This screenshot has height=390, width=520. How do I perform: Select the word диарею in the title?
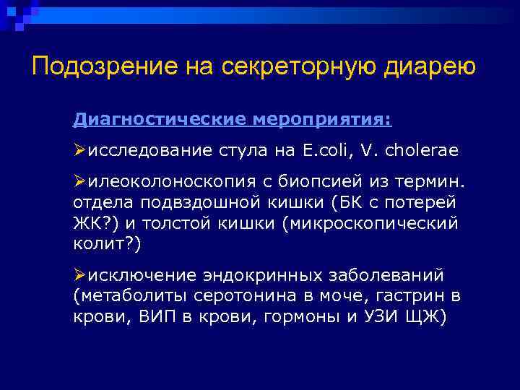(x=428, y=66)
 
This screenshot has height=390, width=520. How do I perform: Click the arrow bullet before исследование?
(x=79, y=150)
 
